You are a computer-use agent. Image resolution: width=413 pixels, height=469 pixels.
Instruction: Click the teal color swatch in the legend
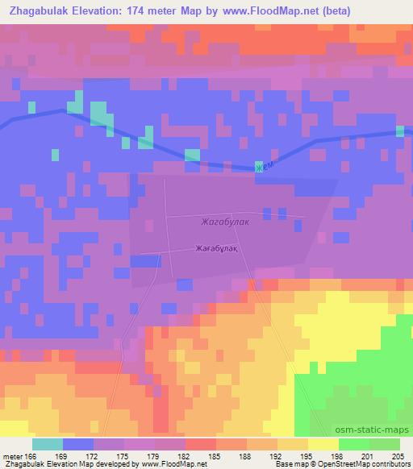coord(48,444)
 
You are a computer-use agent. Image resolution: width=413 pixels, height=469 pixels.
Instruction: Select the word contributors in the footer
coord(389,464)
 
